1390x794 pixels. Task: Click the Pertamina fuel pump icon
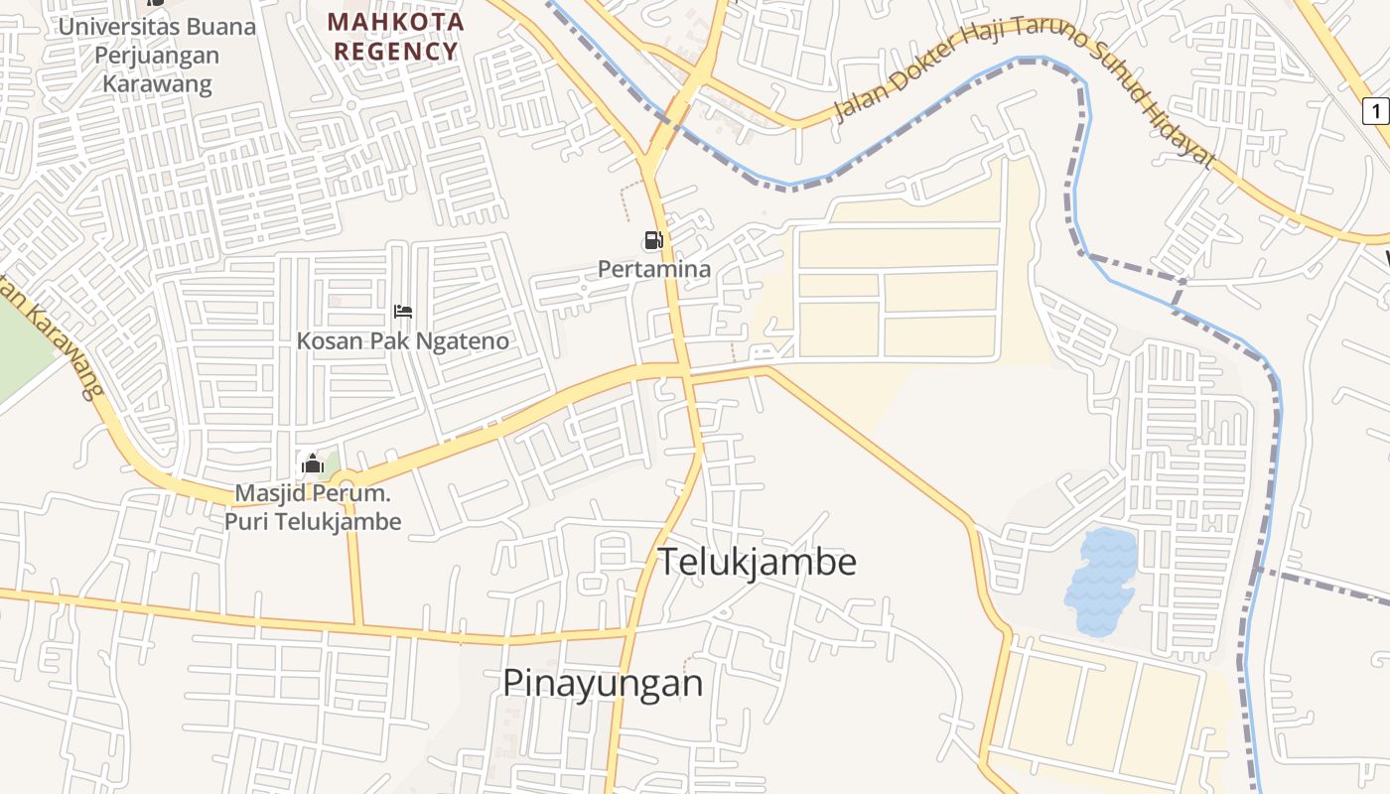coord(652,240)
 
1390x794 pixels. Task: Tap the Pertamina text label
coord(654,269)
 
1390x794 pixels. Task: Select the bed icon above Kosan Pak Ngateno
coord(402,312)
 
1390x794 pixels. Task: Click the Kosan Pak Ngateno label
coord(402,341)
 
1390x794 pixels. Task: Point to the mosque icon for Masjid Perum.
coord(313,463)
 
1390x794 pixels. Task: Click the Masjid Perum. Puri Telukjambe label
coord(313,507)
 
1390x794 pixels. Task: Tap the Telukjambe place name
coord(758,562)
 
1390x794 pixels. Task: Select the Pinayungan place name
coord(603,683)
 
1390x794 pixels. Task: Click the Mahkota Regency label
coord(396,37)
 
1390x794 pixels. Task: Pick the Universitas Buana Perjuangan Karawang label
coord(157,54)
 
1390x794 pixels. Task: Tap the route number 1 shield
coord(1375,111)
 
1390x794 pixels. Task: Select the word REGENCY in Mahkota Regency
coord(396,52)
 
